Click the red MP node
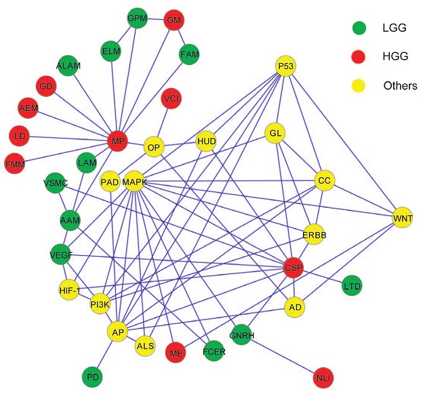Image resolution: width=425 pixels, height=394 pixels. [x=117, y=141]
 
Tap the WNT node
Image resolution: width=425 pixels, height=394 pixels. [x=403, y=218]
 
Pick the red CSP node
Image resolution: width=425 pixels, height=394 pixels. [x=293, y=268]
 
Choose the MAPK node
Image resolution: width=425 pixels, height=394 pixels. [x=134, y=181]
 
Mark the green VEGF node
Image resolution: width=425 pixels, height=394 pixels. [x=62, y=255]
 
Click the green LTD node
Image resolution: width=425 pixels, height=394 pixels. [x=352, y=286]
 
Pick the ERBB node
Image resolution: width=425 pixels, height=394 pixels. [x=315, y=234]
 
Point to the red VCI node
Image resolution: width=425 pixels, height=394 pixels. [x=171, y=100]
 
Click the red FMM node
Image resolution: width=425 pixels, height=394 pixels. [x=15, y=163]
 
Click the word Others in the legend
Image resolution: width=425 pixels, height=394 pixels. [x=400, y=86]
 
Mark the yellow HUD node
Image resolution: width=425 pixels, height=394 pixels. [x=206, y=141]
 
